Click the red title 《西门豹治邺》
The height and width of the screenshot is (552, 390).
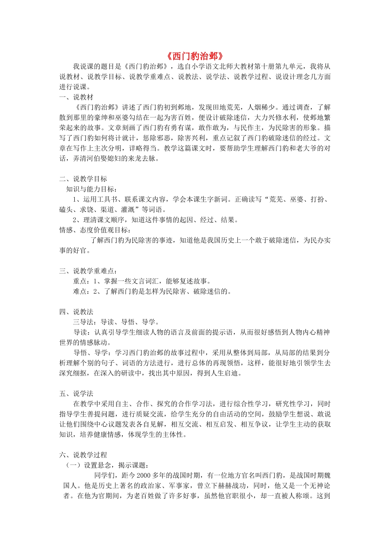[195, 56]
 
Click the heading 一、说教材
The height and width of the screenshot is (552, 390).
[76, 97]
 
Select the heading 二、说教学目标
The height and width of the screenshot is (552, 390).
[83, 179]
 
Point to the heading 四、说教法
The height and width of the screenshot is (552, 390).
[76, 312]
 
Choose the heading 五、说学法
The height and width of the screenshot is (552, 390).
[76, 393]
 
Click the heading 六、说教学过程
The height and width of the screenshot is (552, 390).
[83, 455]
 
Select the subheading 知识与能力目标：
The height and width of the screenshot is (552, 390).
[92, 189]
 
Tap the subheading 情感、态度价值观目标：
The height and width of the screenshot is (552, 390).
[95, 230]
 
